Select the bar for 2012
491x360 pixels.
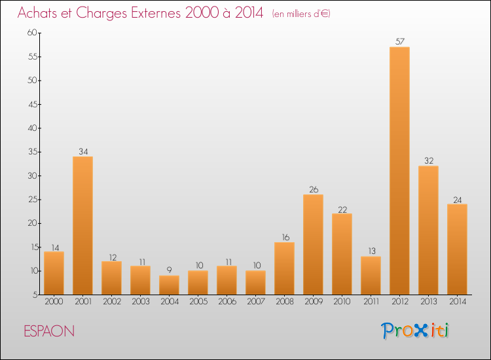[399, 171]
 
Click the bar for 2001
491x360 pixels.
[82, 225]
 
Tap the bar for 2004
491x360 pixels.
[169, 285]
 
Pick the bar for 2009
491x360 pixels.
[313, 245]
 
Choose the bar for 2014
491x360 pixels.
[457, 249]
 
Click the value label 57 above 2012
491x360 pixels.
[400, 41]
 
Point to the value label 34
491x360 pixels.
[83, 151]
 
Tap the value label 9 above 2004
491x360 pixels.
[169, 270]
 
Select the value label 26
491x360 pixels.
[314, 189]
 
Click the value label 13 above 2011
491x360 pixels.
[372, 251]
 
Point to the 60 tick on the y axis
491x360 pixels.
[32, 33]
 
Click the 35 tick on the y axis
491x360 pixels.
[33, 152]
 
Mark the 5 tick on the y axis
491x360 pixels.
[35, 295]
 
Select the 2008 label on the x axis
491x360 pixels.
[285, 302]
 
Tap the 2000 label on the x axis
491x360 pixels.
[54, 302]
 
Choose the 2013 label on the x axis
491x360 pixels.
[428, 302]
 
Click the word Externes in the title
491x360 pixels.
[156, 13]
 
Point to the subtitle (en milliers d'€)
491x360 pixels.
[301, 14]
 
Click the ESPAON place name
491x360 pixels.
[49, 331]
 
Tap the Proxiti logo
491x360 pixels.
[415, 331]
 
